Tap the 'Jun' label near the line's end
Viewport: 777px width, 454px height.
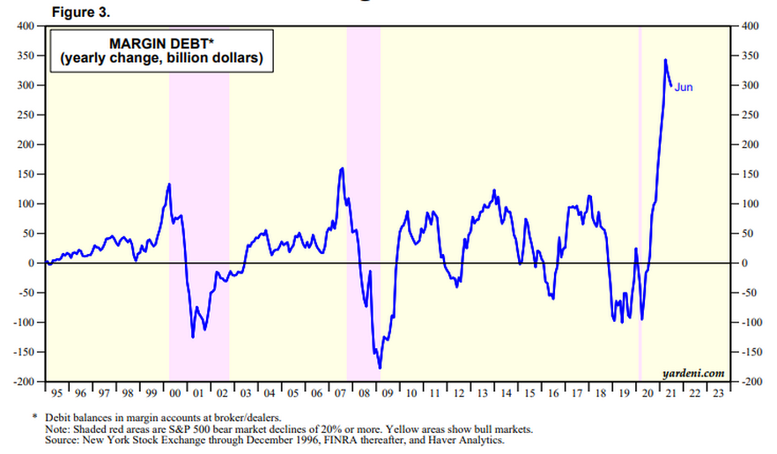tap(684, 86)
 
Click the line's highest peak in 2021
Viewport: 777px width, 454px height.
tap(665, 60)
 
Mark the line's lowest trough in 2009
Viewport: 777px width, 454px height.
tap(380, 368)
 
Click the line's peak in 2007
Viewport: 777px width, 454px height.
tap(342, 167)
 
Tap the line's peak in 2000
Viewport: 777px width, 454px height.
tap(169, 183)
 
